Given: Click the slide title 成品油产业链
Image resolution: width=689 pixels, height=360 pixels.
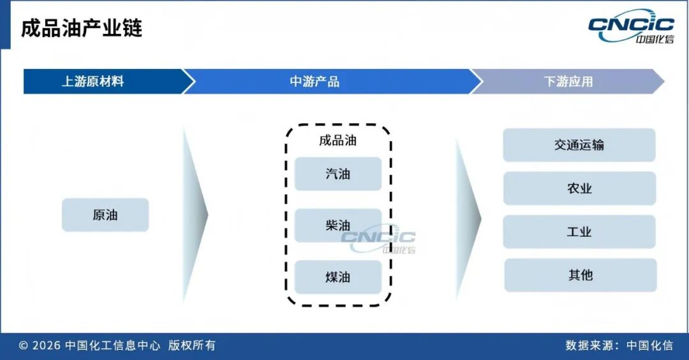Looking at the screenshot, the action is pos(82,29).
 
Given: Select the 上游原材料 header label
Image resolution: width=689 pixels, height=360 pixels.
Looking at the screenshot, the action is pos(93,82).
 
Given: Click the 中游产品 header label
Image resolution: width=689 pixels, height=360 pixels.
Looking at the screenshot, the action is pos(315,82).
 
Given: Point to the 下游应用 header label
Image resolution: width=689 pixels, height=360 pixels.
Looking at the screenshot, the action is pos(568,82).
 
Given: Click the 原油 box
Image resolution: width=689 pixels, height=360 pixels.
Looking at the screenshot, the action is pos(105,215).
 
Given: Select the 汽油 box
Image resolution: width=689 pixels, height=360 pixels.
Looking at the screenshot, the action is pos(338,174).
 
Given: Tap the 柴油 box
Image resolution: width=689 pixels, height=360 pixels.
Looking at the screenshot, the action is pos(338,225).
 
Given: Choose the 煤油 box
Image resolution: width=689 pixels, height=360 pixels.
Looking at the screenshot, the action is pos(338,277).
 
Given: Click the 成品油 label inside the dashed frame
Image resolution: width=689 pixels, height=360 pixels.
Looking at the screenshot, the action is pos(337,140).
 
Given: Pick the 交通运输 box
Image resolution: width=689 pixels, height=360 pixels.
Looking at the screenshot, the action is pos(579,145).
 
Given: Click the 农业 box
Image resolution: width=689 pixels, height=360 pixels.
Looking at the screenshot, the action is pos(579,188).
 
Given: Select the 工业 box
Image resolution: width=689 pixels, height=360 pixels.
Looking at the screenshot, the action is pos(579,232).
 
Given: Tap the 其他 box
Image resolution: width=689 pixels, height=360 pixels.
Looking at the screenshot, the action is pos(581,275).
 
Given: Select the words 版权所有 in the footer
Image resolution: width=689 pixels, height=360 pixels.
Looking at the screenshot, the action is pos(192,345).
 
